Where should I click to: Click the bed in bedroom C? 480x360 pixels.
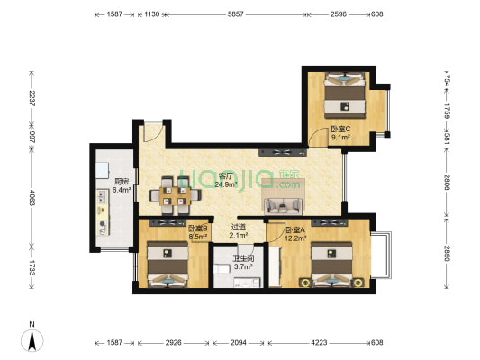pyautogui.click(x=345, y=93)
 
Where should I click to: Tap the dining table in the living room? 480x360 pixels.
pyautogui.click(x=170, y=192)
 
